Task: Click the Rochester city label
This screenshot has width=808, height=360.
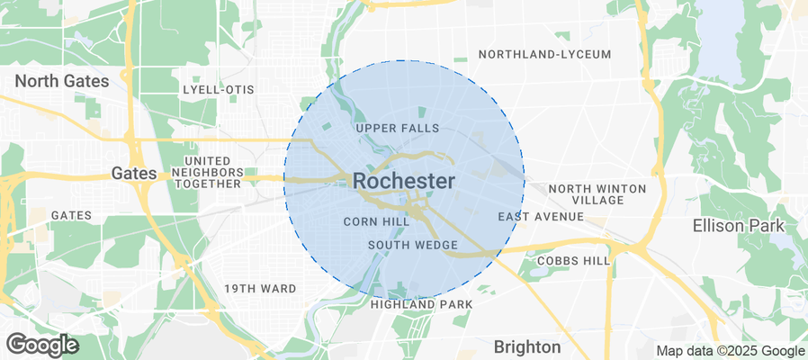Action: pyautogui.click(x=403, y=181)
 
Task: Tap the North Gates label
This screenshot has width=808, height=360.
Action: pyautogui.click(x=62, y=81)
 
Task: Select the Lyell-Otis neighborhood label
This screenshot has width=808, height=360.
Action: pyautogui.click(x=218, y=90)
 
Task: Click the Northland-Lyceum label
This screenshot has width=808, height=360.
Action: pyautogui.click(x=544, y=54)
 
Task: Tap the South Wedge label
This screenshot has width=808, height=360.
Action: pyautogui.click(x=413, y=245)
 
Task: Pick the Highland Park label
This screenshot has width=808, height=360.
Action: pyautogui.click(x=421, y=304)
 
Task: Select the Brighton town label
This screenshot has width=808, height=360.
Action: pyautogui.click(x=527, y=346)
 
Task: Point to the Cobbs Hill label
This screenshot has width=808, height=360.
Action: pyautogui.click(x=572, y=260)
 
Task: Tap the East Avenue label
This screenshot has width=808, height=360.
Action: pyautogui.click(x=541, y=217)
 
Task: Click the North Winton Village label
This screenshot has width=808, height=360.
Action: pyautogui.click(x=597, y=193)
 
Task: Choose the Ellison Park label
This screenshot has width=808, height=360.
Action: pyautogui.click(x=738, y=225)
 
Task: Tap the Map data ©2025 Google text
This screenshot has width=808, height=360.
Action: pyautogui.click(x=730, y=351)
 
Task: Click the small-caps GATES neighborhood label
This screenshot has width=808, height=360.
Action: pyautogui.click(x=71, y=215)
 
